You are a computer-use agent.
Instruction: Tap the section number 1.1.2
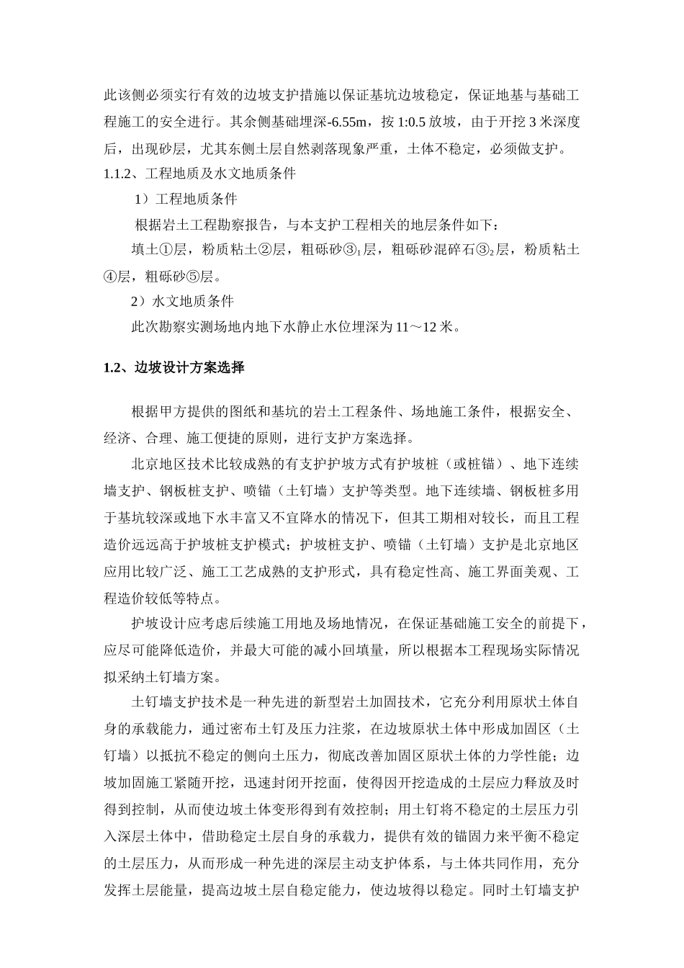120,174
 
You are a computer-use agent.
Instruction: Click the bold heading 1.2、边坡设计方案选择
174,368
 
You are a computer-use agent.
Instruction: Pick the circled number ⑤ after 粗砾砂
194,276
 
